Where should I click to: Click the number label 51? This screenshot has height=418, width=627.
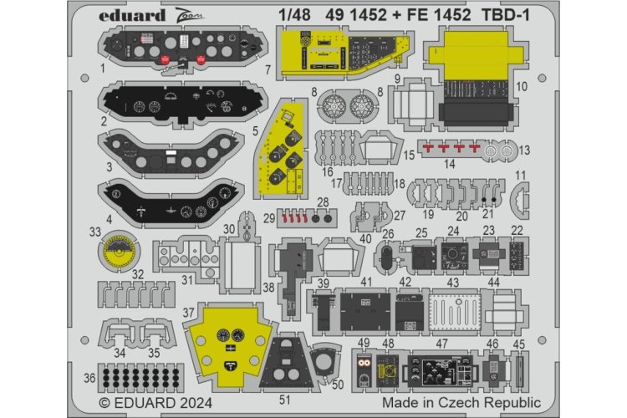tap(285, 400)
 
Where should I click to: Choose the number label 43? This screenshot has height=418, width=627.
tap(452, 283)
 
